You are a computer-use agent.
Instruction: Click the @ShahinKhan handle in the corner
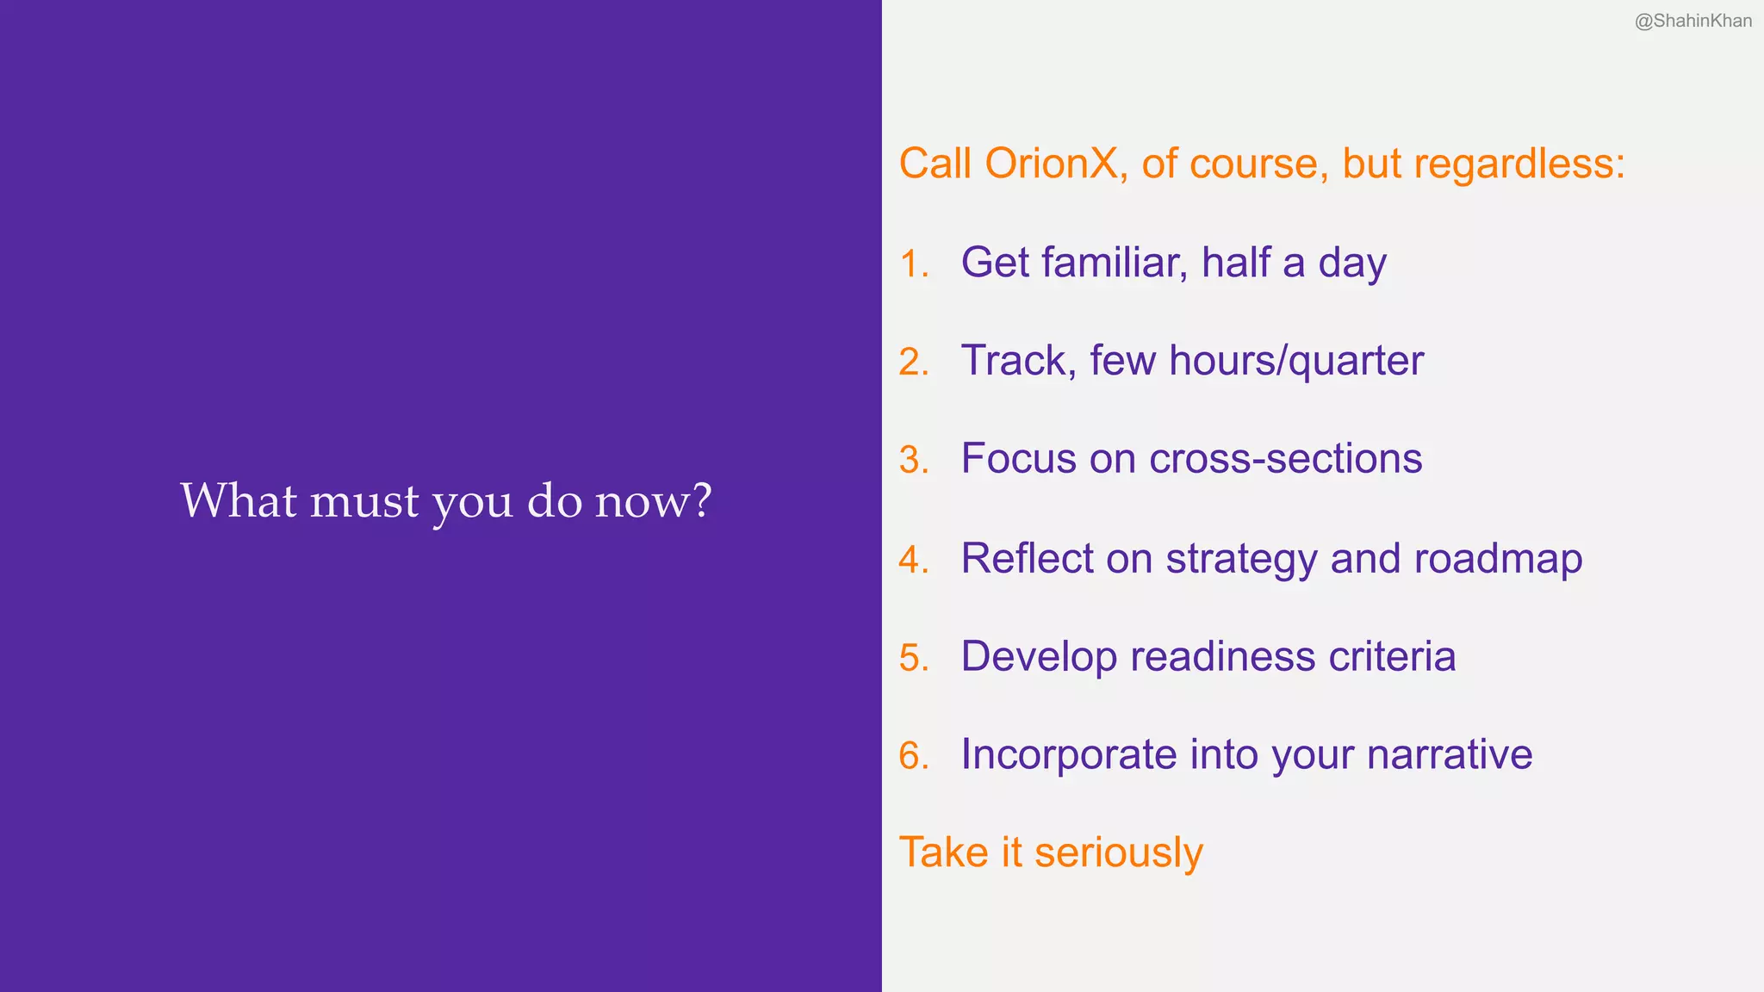pos(1693,21)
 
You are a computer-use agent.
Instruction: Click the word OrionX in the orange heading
pos(1051,164)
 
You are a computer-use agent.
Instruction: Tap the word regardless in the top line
pos(1519,164)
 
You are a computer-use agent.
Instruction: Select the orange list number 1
pos(913,263)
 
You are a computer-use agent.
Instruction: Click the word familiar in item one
pos(1112,262)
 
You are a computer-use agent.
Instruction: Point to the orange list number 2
pos(913,362)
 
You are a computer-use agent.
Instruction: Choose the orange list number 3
pos(913,460)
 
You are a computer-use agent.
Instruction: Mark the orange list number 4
pos(913,560)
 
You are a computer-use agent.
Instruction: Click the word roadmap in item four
pos(1498,559)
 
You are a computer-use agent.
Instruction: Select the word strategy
pos(1241,559)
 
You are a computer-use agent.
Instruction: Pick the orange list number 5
pos(913,658)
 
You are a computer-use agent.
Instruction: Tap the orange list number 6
pos(913,756)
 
